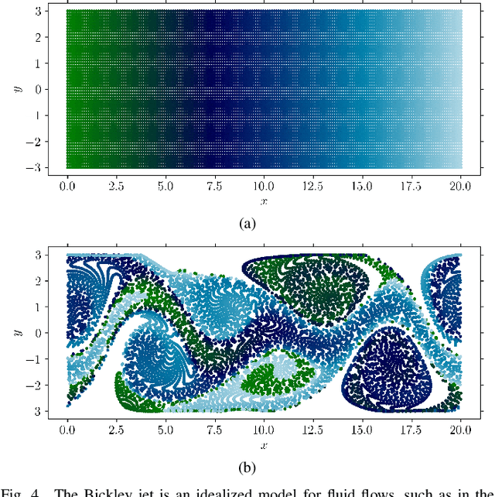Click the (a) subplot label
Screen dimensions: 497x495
pos(247,224)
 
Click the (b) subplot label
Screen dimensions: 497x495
pos(247,467)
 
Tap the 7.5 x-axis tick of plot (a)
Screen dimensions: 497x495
pos(215,187)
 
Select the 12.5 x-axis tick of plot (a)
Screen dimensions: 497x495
pos(313,187)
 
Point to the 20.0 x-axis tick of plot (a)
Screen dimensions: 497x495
pos(461,187)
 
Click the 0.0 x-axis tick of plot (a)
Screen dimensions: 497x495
pos(68,187)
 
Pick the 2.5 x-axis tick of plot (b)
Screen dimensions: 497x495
pos(117,430)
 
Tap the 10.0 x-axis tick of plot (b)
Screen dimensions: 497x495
pos(264,430)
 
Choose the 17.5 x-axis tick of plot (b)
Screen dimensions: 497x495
pos(411,430)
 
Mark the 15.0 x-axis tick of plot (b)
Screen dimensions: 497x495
pos(362,430)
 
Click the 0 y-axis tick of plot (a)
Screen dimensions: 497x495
pos(36,89)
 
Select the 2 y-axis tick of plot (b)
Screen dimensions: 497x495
pos(36,280)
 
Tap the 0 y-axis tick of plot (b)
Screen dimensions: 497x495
pos(36,332)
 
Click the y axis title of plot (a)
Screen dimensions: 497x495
pos(16,89)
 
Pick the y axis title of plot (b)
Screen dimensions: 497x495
pos(16,332)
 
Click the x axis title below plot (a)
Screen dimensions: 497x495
pos(265,201)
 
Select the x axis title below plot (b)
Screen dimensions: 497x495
pos(265,444)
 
